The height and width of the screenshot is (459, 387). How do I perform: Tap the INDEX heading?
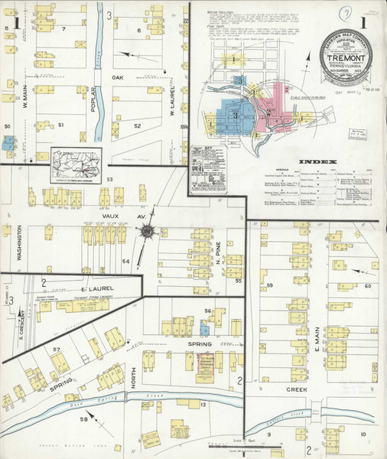(x=314, y=162)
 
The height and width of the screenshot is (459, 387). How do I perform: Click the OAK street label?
(x=118, y=77)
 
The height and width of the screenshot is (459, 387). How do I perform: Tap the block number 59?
(x=270, y=285)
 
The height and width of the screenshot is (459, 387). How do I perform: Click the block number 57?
(x=57, y=350)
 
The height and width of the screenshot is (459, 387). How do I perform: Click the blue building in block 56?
(x=203, y=327)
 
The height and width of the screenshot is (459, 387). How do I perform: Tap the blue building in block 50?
(x=8, y=142)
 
